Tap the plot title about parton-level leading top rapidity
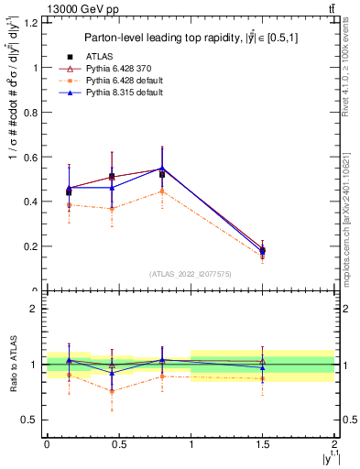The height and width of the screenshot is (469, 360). (189, 38)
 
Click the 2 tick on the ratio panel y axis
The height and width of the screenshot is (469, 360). (38, 309)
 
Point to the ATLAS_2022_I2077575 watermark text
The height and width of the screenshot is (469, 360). (190, 274)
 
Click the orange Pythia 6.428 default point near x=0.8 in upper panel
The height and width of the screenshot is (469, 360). (162, 191)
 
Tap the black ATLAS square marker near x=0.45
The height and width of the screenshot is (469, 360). (112, 177)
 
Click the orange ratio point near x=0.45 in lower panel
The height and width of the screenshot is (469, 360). (112, 391)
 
